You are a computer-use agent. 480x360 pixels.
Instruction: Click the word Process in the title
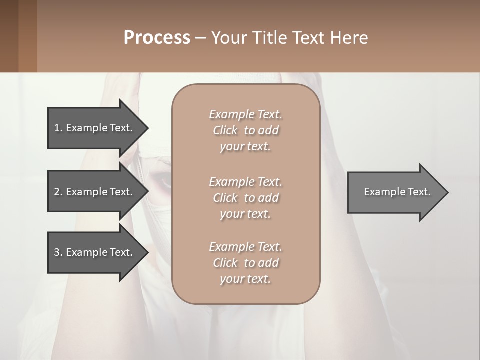(157, 38)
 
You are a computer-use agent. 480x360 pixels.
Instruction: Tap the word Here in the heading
(349, 38)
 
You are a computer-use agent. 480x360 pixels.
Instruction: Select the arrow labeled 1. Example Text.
(95, 128)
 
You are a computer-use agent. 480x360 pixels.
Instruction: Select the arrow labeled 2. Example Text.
(95, 192)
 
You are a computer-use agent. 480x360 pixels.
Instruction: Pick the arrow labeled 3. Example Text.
(95, 252)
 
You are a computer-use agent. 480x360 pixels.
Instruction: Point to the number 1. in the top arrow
(58, 128)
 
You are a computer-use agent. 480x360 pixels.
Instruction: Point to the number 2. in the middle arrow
(58, 192)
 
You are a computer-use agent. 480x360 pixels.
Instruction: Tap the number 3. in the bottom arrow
(58, 252)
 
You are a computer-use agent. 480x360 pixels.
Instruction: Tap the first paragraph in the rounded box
(245, 130)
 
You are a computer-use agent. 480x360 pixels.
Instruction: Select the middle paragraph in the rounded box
(245, 197)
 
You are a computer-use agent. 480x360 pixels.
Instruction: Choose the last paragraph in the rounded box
(245, 263)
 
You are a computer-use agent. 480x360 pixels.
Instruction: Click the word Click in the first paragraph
(225, 130)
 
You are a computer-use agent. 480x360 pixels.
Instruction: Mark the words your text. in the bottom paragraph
(245, 279)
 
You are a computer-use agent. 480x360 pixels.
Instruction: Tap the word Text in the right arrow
(418, 192)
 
